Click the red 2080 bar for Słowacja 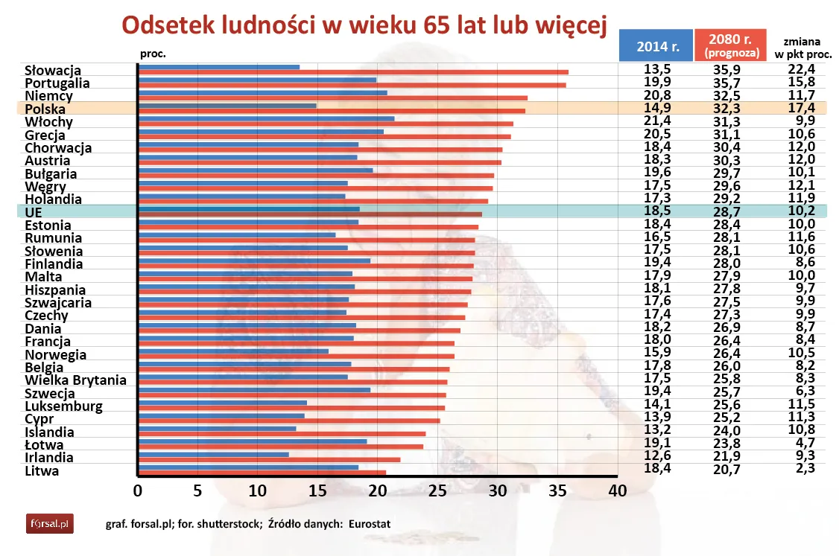coord(353,72)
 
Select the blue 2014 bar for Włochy coord(267,118)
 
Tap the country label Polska coord(45,109)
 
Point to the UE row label coord(34,212)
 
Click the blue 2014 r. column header coord(655,46)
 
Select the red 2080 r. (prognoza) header coord(731,46)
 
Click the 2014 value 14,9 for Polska coord(657,108)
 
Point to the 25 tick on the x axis coord(437,491)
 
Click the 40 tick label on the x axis coord(617,491)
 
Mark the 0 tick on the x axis coord(138,491)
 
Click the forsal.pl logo coord(50,524)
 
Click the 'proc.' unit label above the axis coord(153,54)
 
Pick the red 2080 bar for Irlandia coord(270,459)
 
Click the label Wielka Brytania coord(75,380)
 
